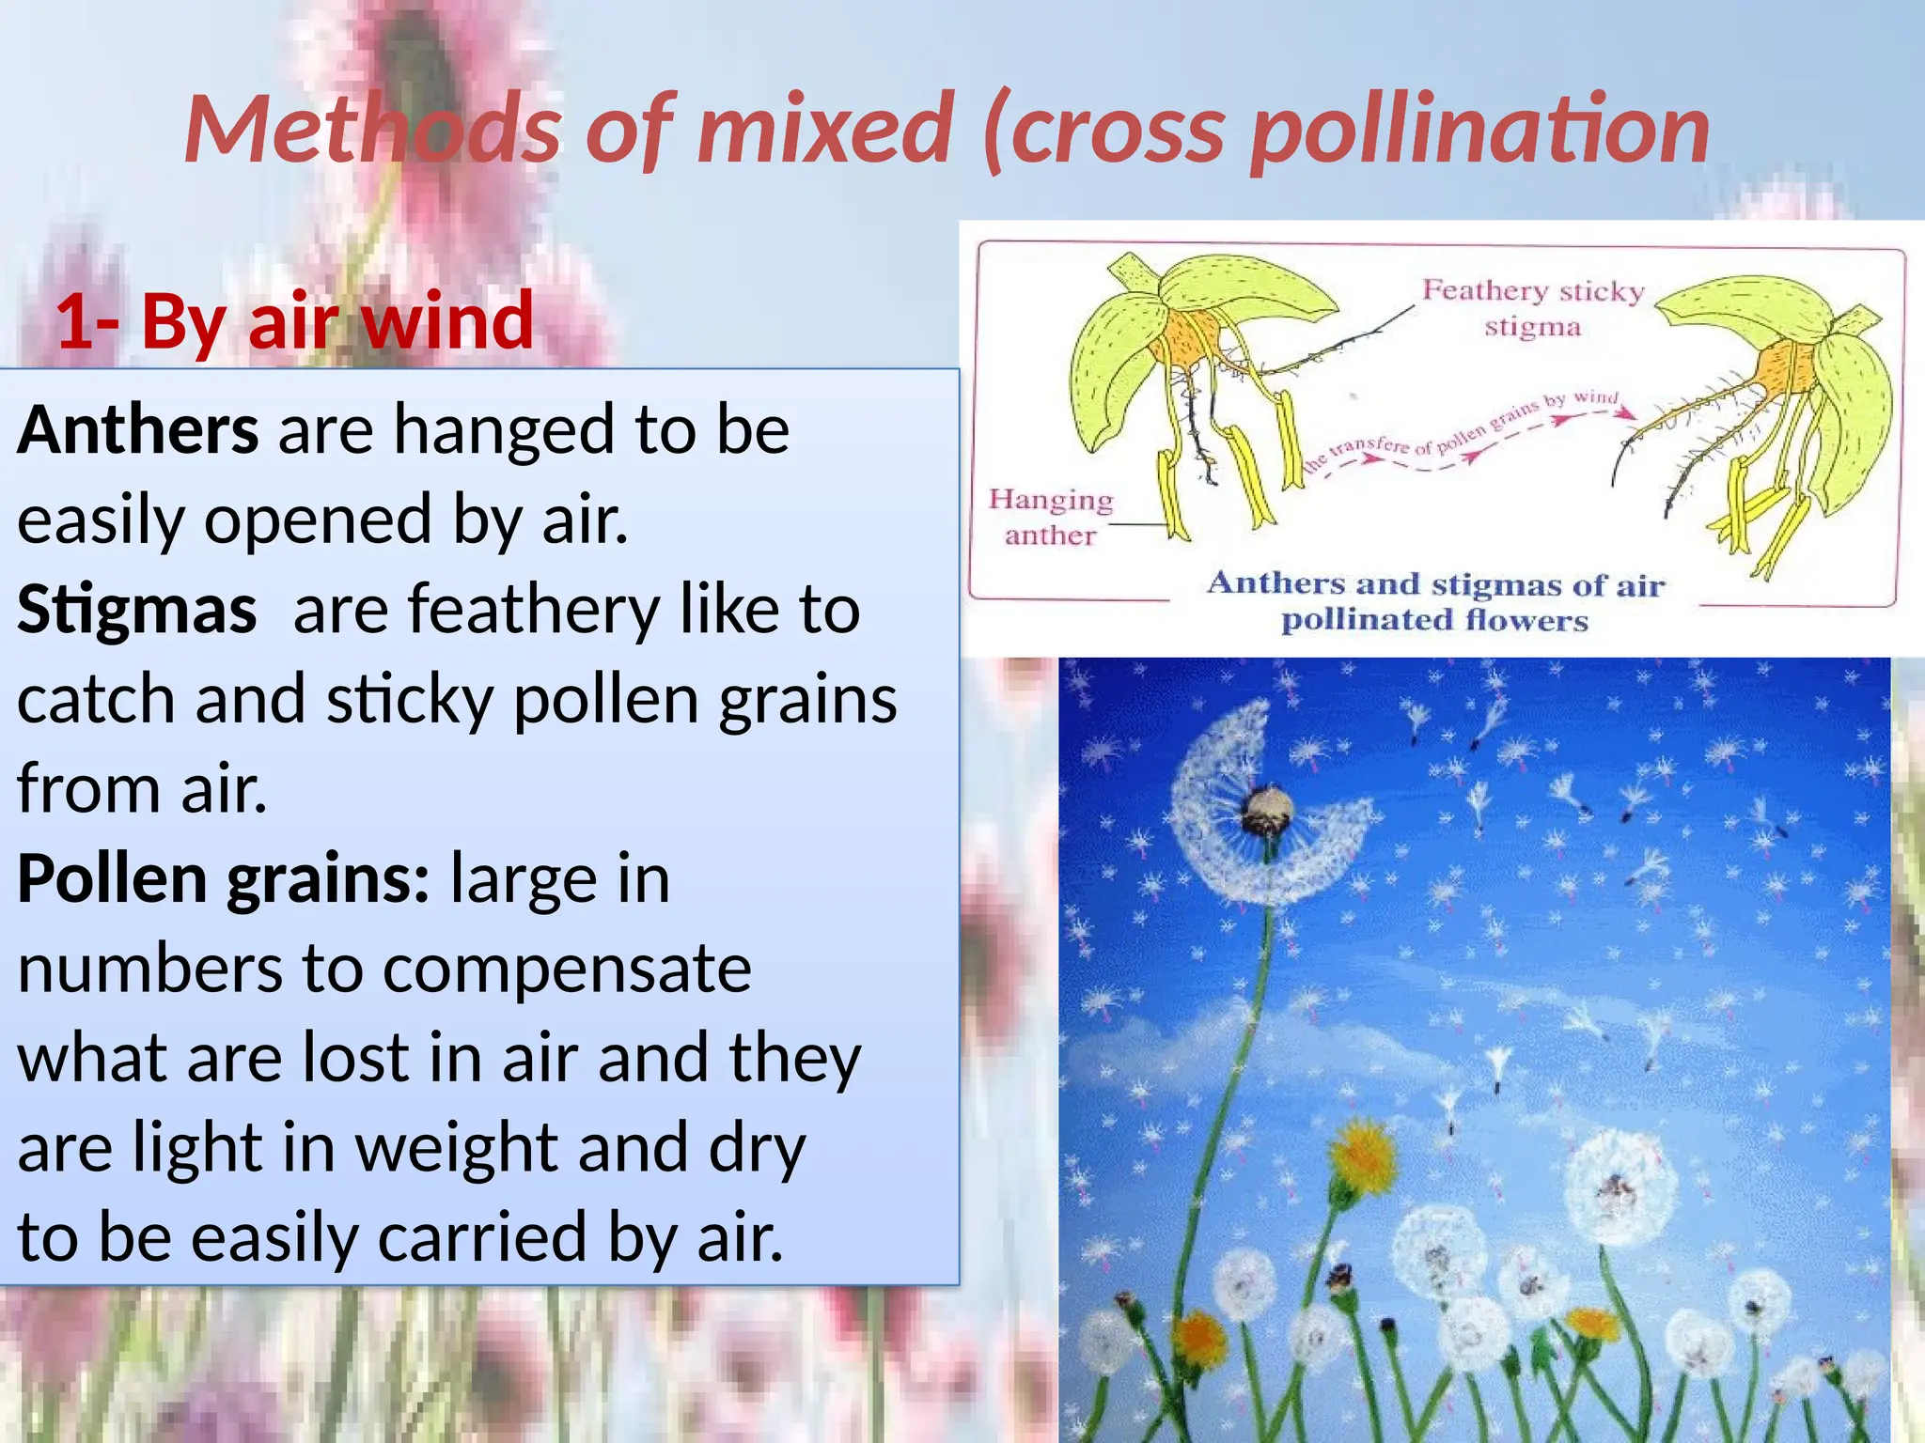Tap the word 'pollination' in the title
[x=1480, y=132]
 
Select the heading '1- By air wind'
[x=295, y=320]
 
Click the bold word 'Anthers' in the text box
[x=138, y=429]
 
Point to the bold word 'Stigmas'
[x=137, y=609]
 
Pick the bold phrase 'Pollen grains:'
[x=224, y=879]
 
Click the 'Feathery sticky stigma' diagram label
[x=1532, y=307]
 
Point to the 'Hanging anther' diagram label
[x=1050, y=517]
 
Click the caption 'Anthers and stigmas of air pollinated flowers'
[x=1435, y=601]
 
